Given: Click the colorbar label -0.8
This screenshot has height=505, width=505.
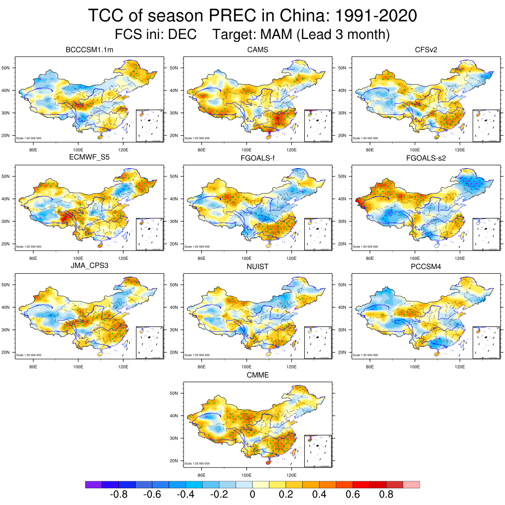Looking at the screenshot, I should click(x=119, y=495).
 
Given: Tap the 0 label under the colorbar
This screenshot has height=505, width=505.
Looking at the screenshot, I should click(x=252, y=495).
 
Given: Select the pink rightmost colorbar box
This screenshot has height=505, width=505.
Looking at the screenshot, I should click(x=411, y=485).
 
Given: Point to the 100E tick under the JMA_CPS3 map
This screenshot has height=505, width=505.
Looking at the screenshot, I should click(x=78, y=366).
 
